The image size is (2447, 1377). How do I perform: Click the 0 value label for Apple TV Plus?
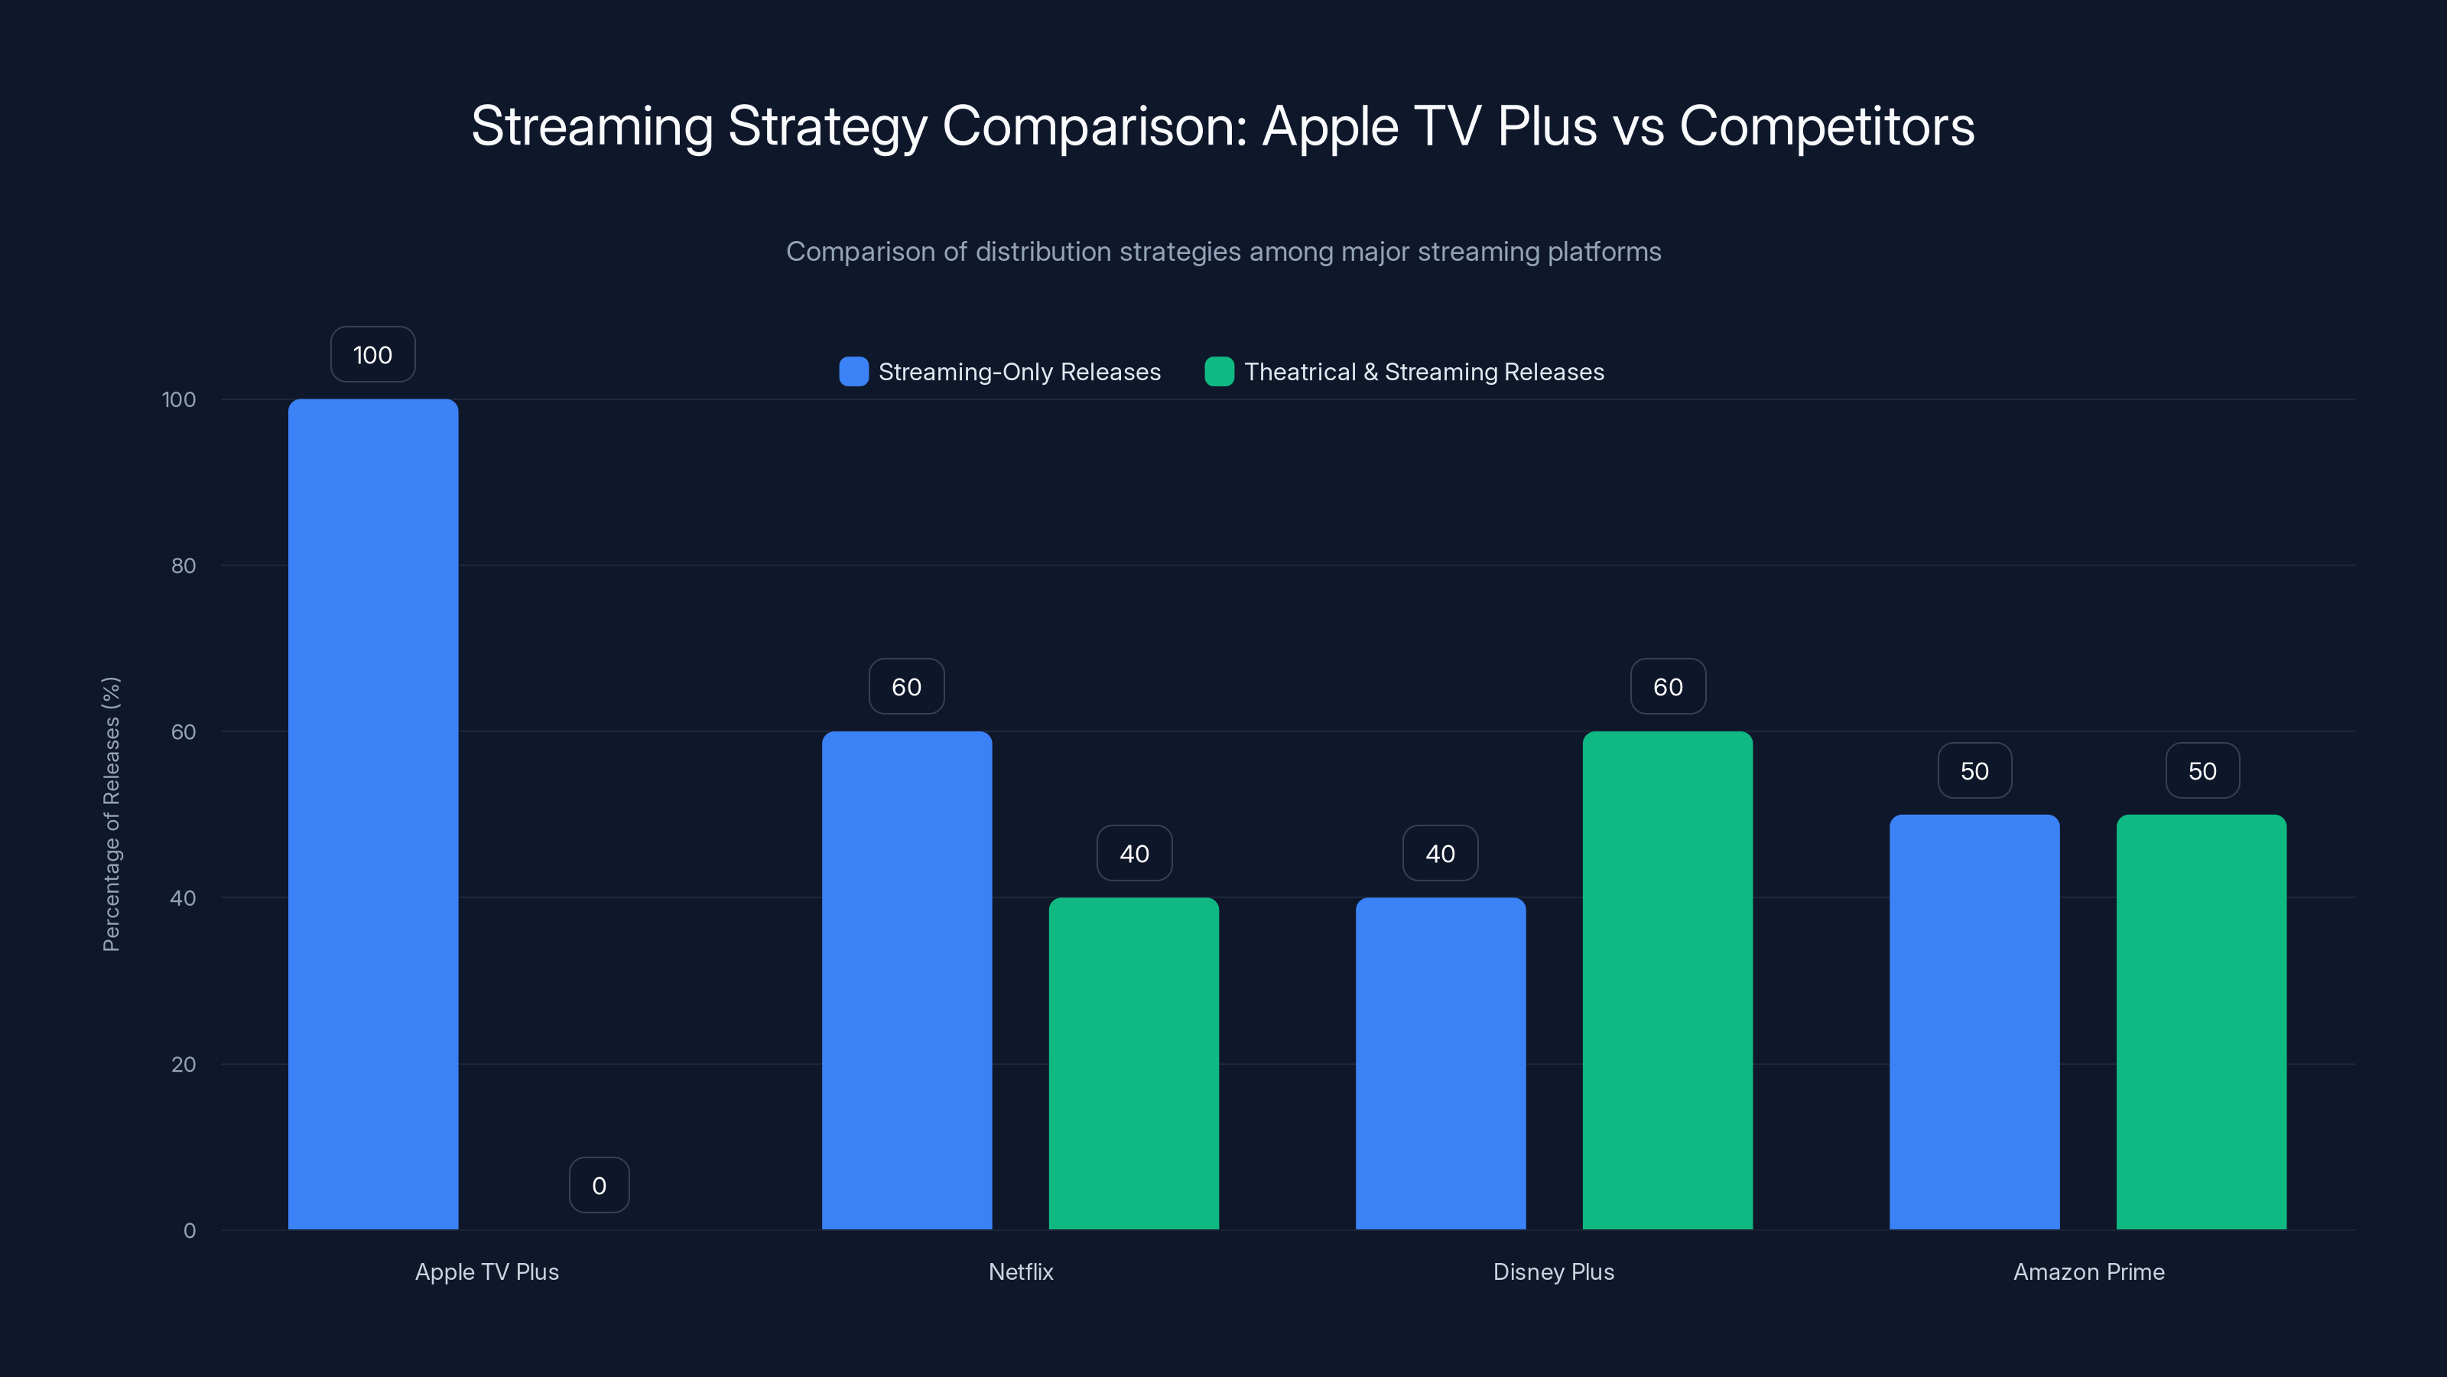coord(599,1185)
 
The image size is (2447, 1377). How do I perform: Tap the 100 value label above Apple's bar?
coord(372,354)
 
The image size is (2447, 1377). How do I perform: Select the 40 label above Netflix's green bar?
coord(1133,854)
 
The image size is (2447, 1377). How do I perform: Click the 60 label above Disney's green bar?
coord(1667,686)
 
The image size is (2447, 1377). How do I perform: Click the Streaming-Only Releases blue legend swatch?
coord(853,372)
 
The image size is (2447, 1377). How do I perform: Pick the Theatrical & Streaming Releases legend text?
coord(1423,372)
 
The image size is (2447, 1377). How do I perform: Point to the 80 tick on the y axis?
coord(184,565)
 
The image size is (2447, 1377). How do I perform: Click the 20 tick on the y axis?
coord(184,1063)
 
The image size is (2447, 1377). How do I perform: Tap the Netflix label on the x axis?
coord(1020,1271)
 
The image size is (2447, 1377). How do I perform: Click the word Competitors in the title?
coord(1826,126)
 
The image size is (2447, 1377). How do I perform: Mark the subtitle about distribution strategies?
coord(1223,252)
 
